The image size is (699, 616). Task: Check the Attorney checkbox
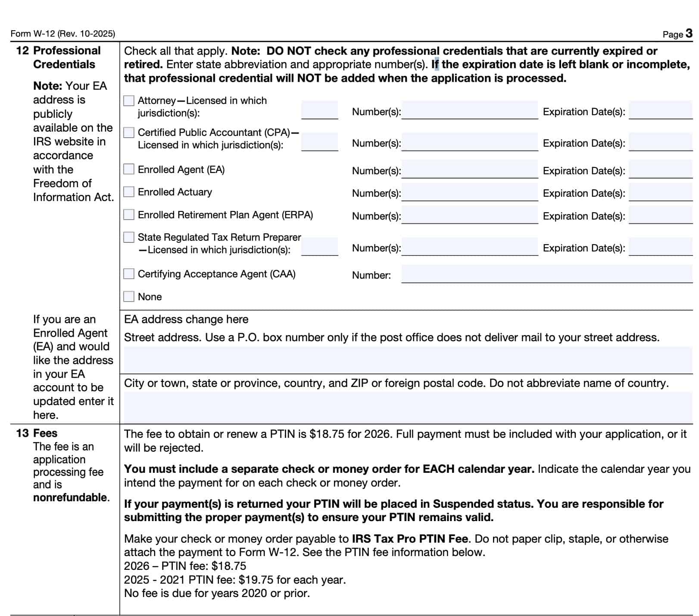tap(129, 101)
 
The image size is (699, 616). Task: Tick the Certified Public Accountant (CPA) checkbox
tap(129, 132)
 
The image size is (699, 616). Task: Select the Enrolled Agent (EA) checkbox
tap(129, 169)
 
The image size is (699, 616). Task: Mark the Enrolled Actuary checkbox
tap(129, 192)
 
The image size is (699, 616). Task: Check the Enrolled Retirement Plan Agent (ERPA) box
tap(129, 214)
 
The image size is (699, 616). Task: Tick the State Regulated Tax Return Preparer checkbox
tap(129, 237)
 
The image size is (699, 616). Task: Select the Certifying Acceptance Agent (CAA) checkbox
tap(129, 274)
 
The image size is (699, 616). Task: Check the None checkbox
tap(129, 296)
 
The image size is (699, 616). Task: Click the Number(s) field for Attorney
tap(469, 110)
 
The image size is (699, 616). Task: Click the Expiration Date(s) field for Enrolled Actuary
tap(660, 192)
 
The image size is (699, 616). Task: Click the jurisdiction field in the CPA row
tap(319, 141)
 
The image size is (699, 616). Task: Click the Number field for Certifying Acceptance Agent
tap(546, 274)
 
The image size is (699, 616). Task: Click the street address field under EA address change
tap(408, 360)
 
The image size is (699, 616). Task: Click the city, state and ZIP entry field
tap(408, 407)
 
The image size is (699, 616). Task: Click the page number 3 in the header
tap(689, 33)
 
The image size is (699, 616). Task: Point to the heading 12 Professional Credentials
tap(59, 57)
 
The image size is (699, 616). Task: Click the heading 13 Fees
tap(37, 433)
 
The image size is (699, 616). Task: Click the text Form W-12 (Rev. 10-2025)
tap(63, 34)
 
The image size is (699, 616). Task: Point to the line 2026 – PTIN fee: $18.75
tap(185, 566)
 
